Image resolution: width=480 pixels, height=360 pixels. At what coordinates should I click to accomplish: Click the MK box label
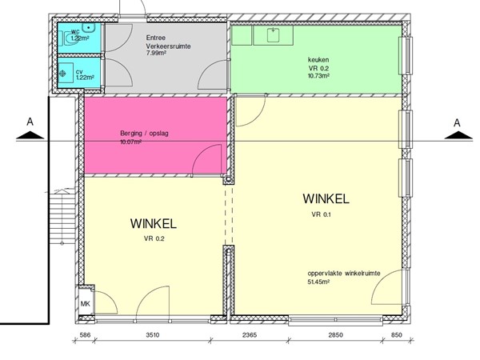[x=85, y=303]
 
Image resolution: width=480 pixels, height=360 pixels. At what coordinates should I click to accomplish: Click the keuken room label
[x=318, y=59]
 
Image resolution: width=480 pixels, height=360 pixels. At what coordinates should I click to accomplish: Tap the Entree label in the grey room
[x=157, y=38]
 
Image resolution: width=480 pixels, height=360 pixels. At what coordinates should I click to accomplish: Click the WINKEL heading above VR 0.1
[x=325, y=198]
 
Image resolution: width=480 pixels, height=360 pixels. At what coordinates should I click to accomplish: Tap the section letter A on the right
[x=457, y=122]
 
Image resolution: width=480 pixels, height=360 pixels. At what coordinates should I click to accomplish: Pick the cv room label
[x=79, y=72]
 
